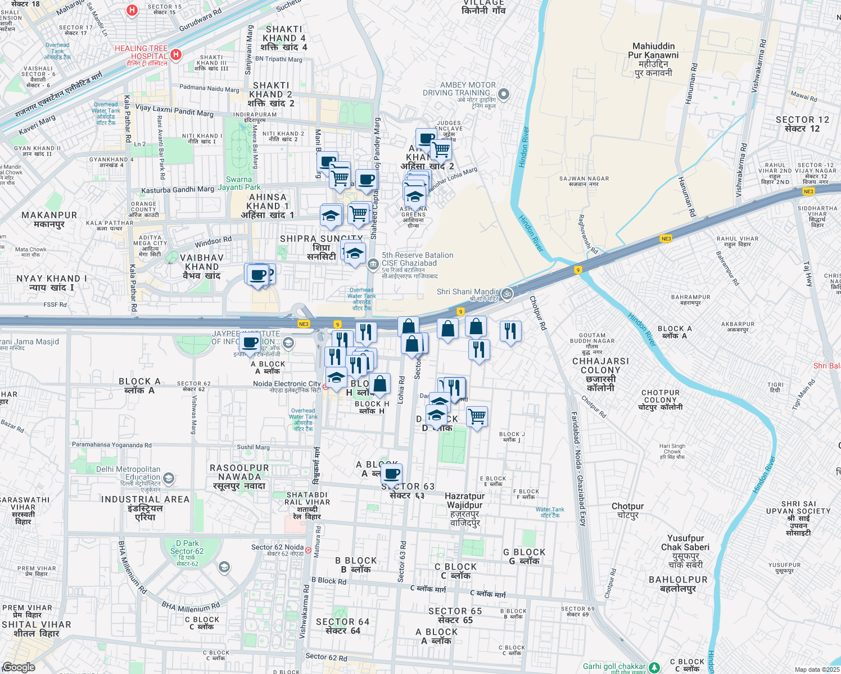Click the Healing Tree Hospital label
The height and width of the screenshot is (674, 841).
coord(141,52)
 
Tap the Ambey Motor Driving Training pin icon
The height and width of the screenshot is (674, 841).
coord(504,94)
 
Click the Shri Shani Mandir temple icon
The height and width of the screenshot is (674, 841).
coord(507,294)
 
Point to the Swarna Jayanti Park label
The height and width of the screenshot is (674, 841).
coord(239,183)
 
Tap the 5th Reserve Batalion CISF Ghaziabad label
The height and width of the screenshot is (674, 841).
coord(417,259)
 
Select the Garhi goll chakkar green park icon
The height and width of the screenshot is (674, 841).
coord(654,667)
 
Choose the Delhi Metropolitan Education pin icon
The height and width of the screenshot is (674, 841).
coord(168,479)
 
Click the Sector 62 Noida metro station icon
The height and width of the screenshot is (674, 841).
coord(308,550)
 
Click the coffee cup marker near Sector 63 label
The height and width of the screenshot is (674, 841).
coord(392,473)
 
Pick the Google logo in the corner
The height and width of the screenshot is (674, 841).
coord(19,667)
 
